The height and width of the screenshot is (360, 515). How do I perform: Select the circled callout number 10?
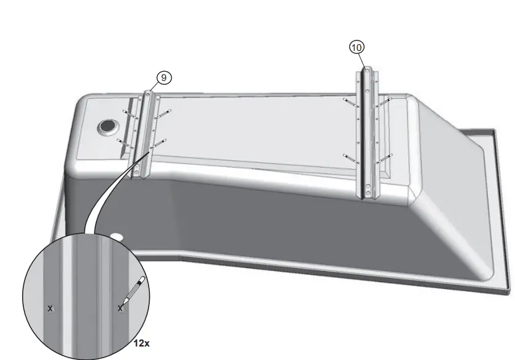pyautogui.click(x=357, y=47)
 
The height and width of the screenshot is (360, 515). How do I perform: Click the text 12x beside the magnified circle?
pyautogui.click(x=142, y=343)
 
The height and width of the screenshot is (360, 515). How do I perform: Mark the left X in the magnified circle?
pyautogui.click(x=50, y=308)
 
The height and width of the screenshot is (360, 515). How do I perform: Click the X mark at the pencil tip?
pyautogui.click(x=120, y=308)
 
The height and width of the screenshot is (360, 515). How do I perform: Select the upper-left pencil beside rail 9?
pyautogui.click(x=130, y=113)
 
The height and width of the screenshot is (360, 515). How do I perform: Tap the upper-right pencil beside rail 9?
pyautogui.click(x=163, y=113)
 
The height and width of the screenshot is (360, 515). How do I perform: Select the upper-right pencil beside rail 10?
pyautogui.click(x=384, y=102)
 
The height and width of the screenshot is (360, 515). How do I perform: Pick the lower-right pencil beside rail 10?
pyautogui.click(x=384, y=159)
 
